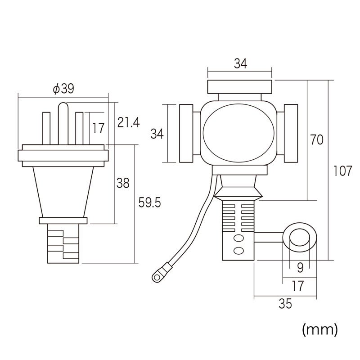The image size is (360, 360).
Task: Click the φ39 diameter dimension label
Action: (63, 89)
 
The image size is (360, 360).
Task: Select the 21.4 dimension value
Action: (128, 122)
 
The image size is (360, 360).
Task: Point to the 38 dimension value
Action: (122, 183)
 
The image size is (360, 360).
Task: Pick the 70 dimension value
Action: (316, 140)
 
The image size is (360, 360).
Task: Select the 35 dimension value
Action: (285, 304)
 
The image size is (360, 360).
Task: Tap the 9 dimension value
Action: (300, 267)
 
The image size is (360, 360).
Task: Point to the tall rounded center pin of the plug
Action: (63, 124)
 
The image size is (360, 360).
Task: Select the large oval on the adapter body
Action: (238, 133)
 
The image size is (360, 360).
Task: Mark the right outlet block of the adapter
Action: (291, 133)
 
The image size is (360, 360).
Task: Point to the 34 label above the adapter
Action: (240, 64)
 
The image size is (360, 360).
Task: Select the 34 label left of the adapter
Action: (157, 134)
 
